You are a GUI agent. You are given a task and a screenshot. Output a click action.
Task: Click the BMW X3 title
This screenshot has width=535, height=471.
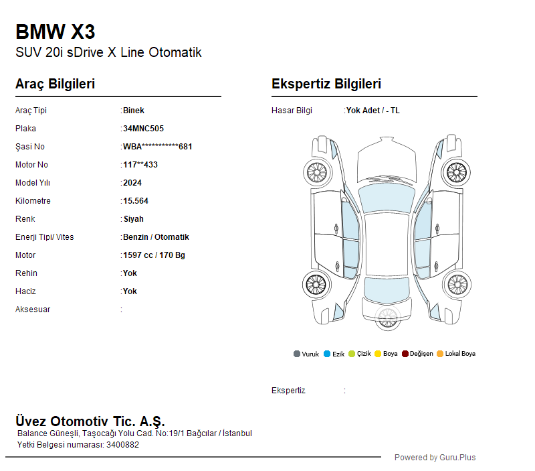click(56, 31)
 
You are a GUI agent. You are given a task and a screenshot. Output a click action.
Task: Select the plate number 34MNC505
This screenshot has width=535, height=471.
click(143, 129)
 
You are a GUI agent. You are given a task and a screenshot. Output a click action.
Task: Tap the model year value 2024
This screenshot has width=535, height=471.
click(132, 183)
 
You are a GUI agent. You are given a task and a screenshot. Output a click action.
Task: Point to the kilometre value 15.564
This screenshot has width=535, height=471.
click(136, 201)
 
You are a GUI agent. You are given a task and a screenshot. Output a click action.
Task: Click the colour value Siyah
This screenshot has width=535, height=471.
click(133, 219)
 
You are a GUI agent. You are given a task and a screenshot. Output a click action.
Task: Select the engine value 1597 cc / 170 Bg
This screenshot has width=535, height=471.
click(154, 255)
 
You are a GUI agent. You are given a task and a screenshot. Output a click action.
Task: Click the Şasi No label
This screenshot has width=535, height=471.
click(30, 147)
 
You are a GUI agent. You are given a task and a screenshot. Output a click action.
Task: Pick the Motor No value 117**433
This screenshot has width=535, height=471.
click(140, 165)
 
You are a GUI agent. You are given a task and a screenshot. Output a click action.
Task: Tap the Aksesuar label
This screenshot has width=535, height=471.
click(33, 310)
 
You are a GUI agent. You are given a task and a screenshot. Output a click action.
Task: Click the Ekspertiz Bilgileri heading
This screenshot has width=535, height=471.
click(326, 84)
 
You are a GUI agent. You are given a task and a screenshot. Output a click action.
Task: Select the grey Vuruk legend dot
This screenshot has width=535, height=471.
click(297, 354)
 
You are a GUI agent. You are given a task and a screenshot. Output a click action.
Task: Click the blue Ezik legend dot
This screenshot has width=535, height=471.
click(327, 354)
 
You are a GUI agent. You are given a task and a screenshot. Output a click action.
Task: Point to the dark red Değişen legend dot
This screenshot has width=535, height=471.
click(405, 354)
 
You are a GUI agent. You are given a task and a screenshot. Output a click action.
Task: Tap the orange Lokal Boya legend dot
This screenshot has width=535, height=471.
click(440, 354)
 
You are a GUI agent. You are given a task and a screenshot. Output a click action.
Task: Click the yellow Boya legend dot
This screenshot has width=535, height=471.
click(378, 354)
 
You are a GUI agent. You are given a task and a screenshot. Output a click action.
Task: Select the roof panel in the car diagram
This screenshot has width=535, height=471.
click(387, 245)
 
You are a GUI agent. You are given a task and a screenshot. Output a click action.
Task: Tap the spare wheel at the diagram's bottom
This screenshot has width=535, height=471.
click(388, 318)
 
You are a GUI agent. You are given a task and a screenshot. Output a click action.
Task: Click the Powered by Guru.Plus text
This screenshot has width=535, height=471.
click(435, 458)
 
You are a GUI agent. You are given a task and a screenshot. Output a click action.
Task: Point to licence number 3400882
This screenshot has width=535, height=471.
click(122, 445)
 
